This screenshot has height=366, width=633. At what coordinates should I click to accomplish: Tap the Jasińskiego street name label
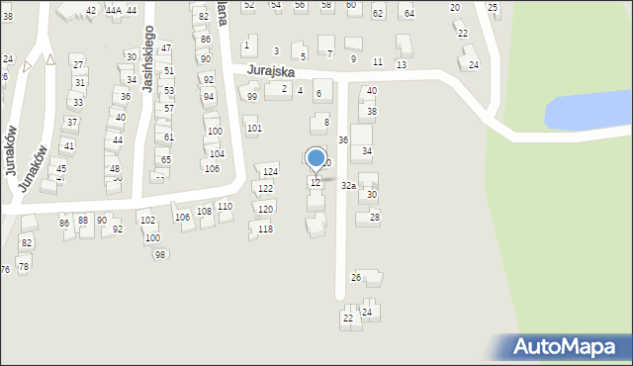[147, 59]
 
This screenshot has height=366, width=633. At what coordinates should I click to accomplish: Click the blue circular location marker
[316, 157]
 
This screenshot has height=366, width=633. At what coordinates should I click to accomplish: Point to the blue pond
[588, 112]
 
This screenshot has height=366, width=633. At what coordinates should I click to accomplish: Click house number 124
[270, 172]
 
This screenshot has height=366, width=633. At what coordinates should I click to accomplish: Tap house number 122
[265, 188]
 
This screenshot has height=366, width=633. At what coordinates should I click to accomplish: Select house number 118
[265, 229]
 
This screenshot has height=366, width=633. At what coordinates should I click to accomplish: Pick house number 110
[225, 206]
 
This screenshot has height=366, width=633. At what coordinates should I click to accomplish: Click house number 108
[204, 211]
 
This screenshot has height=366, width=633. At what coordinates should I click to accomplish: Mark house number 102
[147, 221]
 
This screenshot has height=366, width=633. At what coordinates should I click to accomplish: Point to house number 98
[160, 255]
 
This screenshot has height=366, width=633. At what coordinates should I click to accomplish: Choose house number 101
[254, 129]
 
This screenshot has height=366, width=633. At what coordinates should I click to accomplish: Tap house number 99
[252, 97]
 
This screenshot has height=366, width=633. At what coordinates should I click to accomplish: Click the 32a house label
[348, 185]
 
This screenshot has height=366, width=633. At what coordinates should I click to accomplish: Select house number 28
[374, 217]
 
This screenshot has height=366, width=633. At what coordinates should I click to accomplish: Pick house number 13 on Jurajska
[401, 63]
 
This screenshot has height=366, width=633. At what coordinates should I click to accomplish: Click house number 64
[408, 13]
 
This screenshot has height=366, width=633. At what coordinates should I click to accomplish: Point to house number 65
[166, 159]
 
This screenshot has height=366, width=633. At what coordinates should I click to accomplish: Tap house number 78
[24, 267]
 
